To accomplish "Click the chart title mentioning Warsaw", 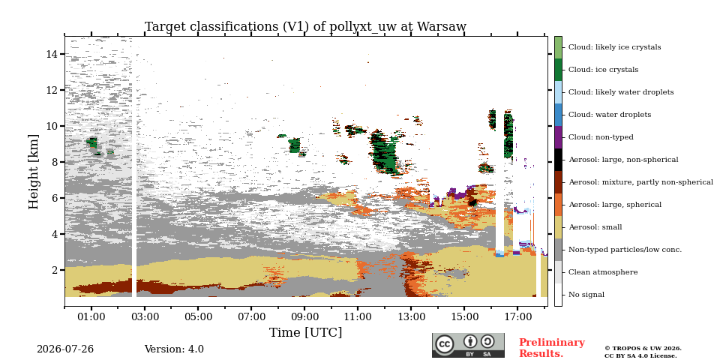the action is pyautogui.click(x=305, y=27).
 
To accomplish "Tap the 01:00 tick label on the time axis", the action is pyautogui.click(x=91, y=316).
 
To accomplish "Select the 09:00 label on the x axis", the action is pyautogui.click(x=304, y=316).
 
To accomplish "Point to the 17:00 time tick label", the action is pyautogui.click(x=517, y=316).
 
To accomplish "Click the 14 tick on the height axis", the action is pyautogui.click(x=52, y=54).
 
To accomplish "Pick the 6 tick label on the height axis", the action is pyautogui.click(x=54, y=198).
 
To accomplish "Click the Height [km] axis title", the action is pyautogui.click(x=34, y=172).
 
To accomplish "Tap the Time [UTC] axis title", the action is pyautogui.click(x=305, y=332).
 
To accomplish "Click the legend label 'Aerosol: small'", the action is pyautogui.click(x=595, y=227).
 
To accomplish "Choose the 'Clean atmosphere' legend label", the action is pyautogui.click(x=603, y=272).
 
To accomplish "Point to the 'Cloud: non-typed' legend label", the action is pyautogui.click(x=601, y=137).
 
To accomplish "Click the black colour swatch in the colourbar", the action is pyautogui.click(x=558, y=160).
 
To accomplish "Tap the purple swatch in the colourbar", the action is pyautogui.click(x=558, y=137).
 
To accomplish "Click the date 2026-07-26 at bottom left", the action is pyautogui.click(x=65, y=349).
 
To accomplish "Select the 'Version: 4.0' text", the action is pyautogui.click(x=174, y=349).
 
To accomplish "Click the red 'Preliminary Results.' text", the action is pyautogui.click(x=552, y=348).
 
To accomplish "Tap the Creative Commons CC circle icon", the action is pyautogui.click(x=445, y=344).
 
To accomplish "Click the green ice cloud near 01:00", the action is pyautogui.click(x=93, y=142).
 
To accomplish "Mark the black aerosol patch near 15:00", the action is pyautogui.click(x=472, y=202).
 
